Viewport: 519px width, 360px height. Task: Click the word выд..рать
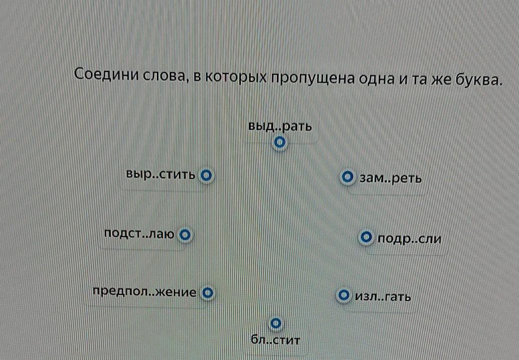pos(280,127)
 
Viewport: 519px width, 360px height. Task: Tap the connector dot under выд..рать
pos(280,143)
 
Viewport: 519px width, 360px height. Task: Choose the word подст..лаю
pos(139,234)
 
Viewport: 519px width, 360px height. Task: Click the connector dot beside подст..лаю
pos(185,234)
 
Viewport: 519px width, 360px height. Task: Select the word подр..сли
pos(409,239)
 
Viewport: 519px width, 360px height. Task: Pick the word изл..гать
pos(383,297)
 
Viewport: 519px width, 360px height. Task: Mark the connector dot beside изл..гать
pos(343,296)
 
